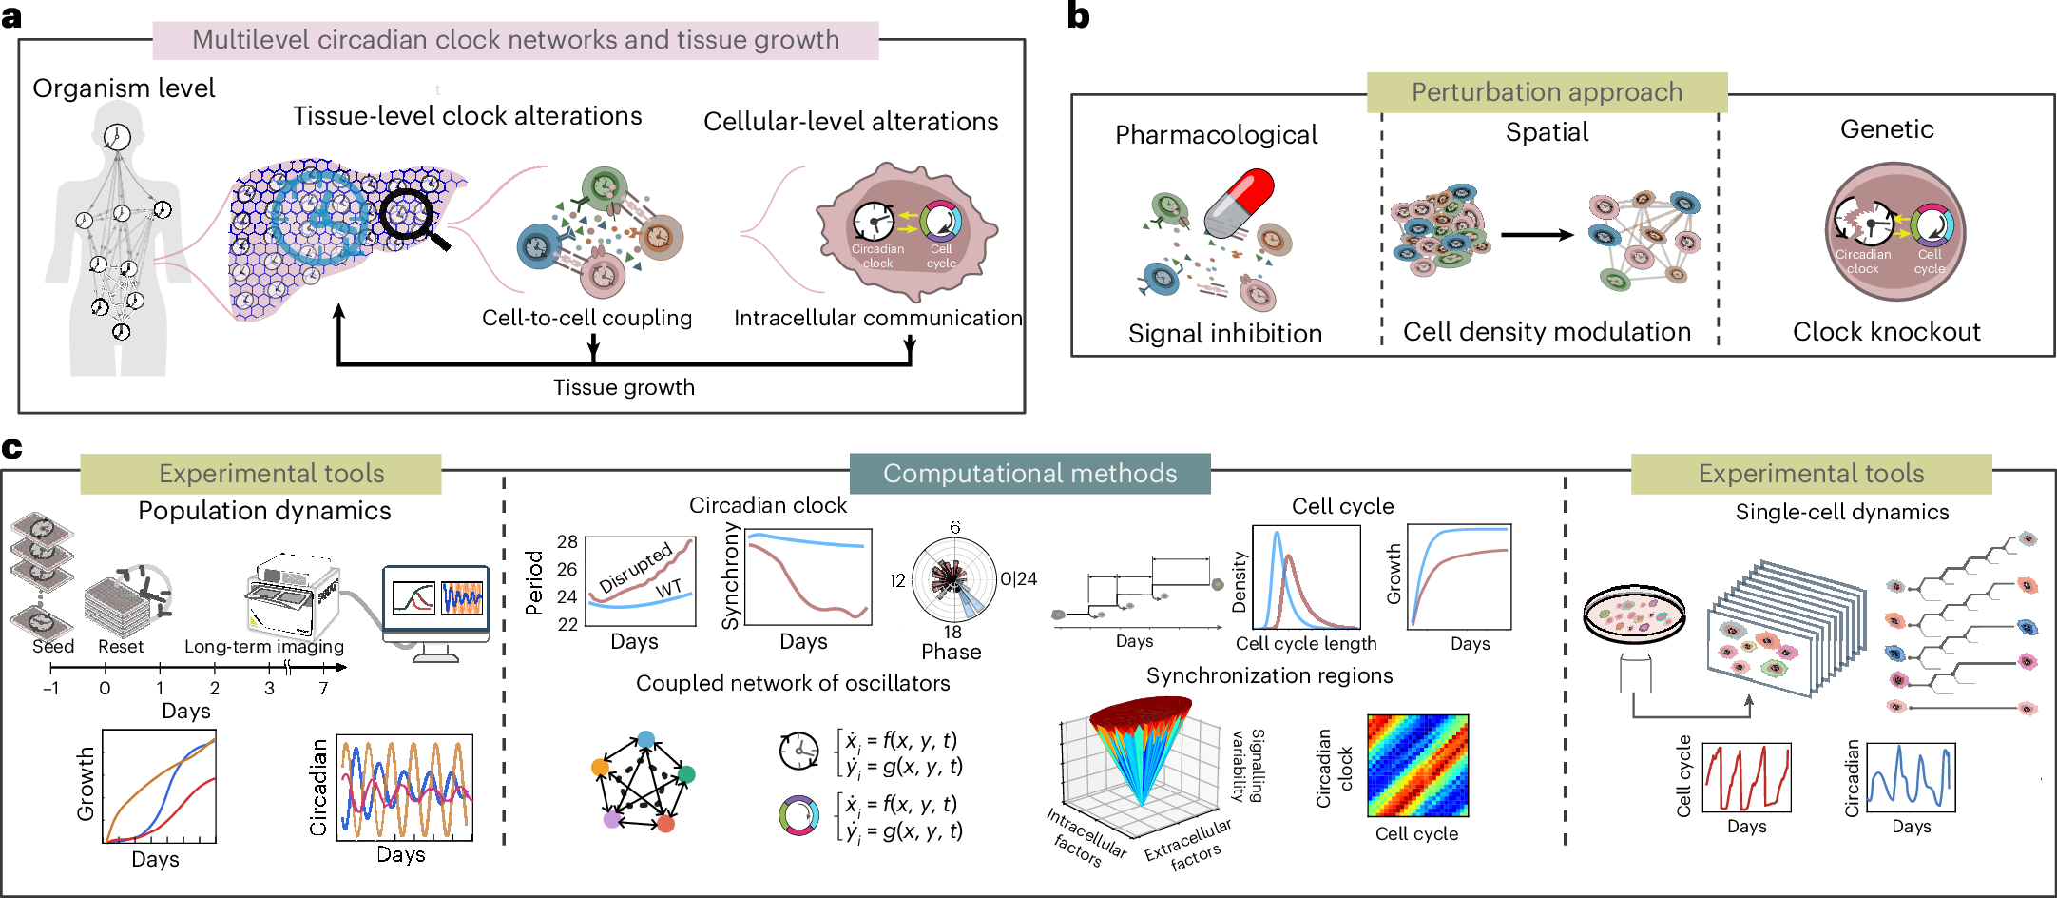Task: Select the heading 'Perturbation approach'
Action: pyautogui.click(x=1547, y=92)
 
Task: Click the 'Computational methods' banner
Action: pyautogui.click(x=1029, y=474)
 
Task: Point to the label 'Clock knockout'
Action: pyautogui.click(x=1886, y=332)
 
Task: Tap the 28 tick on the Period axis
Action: pyautogui.click(x=567, y=541)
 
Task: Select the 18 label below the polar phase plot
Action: pyautogui.click(x=952, y=632)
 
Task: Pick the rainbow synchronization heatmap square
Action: pyautogui.click(x=1417, y=766)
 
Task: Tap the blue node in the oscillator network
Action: pyautogui.click(x=646, y=739)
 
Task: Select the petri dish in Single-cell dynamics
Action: pyautogui.click(x=1634, y=614)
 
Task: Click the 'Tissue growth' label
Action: pyautogui.click(x=624, y=387)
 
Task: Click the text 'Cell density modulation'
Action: pyautogui.click(x=1547, y=332)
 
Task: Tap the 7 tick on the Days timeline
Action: pyautogui.click(x=324, y=688)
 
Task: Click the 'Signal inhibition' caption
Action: pyautogui.click(x=1225, y=334)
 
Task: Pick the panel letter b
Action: pyautogui.click(x=1079, y=16)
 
